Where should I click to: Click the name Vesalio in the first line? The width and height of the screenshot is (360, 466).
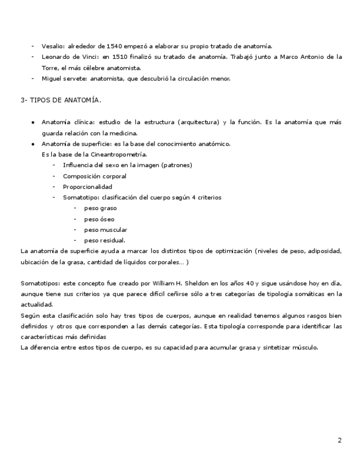pos(53,46)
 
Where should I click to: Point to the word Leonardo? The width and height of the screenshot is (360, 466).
pos(57,57)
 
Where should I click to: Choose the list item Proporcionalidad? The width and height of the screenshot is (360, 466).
pos(87,186)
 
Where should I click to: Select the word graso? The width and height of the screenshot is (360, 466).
pos(108,208)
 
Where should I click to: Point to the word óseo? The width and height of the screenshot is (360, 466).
pos(107,219)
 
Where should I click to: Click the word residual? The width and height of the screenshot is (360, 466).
pos(112,240)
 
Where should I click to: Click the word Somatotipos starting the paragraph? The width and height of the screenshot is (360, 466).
pos(38,283)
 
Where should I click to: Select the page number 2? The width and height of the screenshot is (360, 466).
pos(340,440)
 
